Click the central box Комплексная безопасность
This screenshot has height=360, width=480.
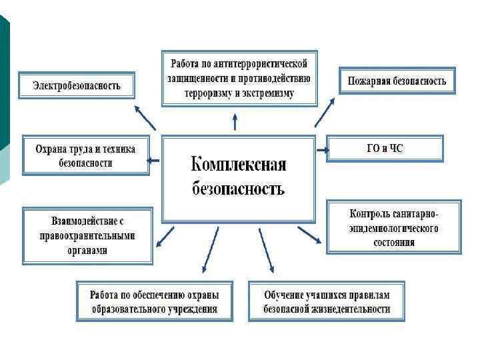click(238, 178)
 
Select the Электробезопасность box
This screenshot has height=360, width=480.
click(77, 85)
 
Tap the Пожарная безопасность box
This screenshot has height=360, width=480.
click(397, 81)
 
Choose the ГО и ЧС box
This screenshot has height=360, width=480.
click(385, 148)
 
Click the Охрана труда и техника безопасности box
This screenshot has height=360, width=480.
click(85, 155)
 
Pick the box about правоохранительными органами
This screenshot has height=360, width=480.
click(88, 235)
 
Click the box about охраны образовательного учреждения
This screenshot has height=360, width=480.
click(155, 301)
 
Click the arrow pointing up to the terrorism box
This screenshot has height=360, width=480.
click(235, 122)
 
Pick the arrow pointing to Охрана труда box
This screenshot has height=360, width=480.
click(153, 160)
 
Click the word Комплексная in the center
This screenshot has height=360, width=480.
click(238, 164)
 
